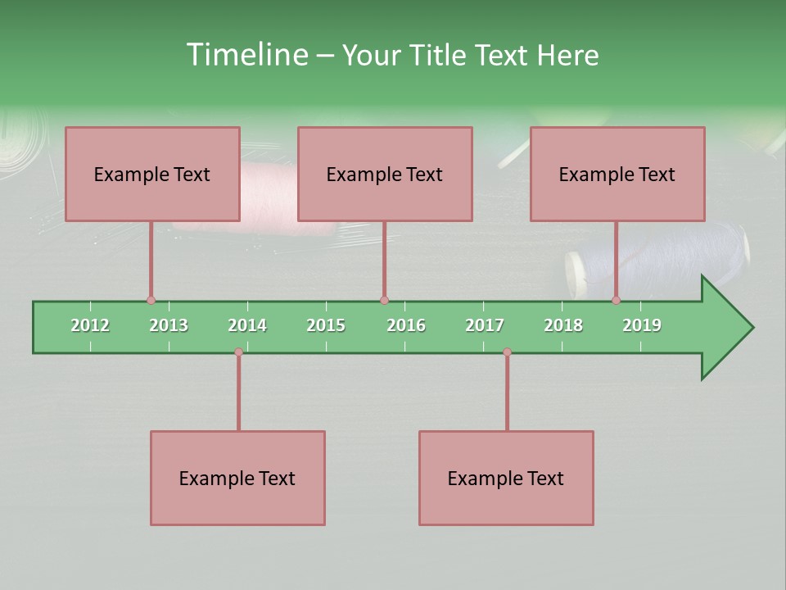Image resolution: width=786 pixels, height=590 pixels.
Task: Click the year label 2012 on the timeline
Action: pos(90,325)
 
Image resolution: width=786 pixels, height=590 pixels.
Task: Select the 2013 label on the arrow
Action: pos(169,325)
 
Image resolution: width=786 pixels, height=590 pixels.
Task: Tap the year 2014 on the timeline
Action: pos(247,325)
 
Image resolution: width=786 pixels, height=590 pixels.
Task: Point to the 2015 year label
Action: pos(326,325)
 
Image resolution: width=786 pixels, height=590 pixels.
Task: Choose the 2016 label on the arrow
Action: pos(406,325)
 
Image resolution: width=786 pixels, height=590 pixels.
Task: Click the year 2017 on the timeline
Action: pos(485,325)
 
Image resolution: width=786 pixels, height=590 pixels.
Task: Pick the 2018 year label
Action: pos(563,325)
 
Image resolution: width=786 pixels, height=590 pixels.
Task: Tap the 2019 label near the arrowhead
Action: pos(642,325)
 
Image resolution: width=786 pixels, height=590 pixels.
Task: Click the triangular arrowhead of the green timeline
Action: pos(725,328)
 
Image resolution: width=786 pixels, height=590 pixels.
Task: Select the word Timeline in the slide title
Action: pos(246,55)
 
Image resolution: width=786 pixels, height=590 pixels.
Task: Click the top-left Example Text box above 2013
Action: pos(152,174)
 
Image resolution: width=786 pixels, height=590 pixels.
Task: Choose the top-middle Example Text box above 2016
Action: pos(385,174)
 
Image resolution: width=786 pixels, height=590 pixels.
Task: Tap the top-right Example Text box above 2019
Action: pos(617,174)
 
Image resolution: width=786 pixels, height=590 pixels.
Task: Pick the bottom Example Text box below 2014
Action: pos(237,478)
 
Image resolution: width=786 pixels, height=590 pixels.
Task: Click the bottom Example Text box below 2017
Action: pos(506,478)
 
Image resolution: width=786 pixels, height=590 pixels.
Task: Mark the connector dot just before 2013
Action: pos(151,301)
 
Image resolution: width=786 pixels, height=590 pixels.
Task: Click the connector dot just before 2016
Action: pos(384,301)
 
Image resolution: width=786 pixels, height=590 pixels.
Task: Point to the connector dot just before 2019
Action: pos(616,301)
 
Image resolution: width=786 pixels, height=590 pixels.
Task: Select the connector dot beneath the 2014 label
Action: pos(238,352)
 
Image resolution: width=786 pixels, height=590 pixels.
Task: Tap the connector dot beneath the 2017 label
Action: pos(507,352)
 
